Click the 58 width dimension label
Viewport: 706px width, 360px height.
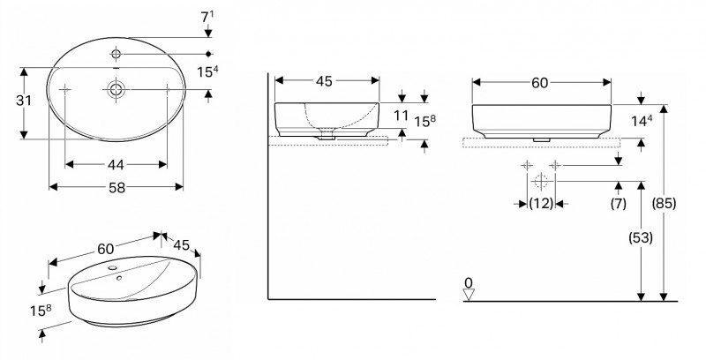pos(116,188)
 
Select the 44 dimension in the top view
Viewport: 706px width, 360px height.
pos(116,165)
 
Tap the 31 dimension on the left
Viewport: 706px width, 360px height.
pos(24,101)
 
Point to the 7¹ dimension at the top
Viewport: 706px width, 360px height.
pos(207,17)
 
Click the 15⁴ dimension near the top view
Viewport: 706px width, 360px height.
pos(208,72)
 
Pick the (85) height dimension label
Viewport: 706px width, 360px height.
pos(665,204)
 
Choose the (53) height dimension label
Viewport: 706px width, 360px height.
pos(641,237)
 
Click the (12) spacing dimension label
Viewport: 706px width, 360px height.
pos(541,204)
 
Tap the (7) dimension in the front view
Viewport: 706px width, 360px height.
pos(619,204)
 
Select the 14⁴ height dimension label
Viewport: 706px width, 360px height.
pos(642,121)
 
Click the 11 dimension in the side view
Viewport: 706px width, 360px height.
pos(401,116)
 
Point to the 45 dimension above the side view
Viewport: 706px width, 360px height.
pos(324,81)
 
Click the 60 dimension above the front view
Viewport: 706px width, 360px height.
pos(540,83)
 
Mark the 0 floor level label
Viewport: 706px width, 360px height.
pos(469,283)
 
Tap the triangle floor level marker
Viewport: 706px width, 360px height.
pos(469,296)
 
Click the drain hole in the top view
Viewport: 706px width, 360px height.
pos(116,89)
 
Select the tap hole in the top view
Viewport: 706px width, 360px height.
pos(116,54)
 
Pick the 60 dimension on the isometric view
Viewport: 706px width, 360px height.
pos(106,249)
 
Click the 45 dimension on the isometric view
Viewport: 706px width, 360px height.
pos(182,245)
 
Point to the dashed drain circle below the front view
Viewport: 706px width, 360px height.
pos(541,182)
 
